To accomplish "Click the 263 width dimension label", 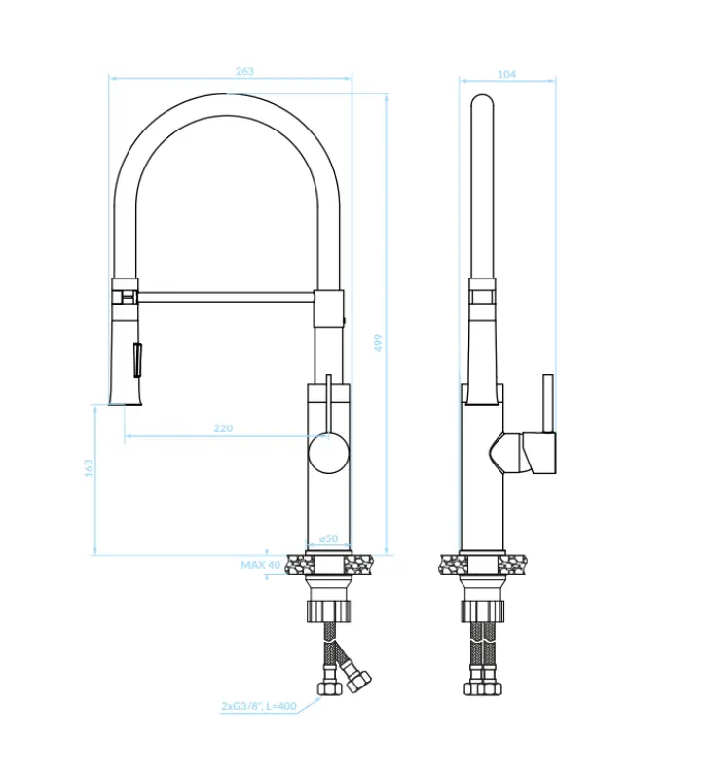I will click(244, 71).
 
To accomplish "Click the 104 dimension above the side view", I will click(506, 74).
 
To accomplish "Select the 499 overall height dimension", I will click(379, 342).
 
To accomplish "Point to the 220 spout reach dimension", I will click(223, 428).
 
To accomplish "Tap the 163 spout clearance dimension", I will click(89, 468).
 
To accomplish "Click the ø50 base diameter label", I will click(328, 538).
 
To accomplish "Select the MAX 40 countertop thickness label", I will click(260, 564).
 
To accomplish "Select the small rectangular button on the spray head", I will click(137, 357).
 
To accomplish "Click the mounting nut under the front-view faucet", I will click(328, 612).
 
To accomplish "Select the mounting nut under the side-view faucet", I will click(484, 612).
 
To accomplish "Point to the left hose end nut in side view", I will click(474, 687).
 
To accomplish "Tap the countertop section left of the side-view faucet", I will click(451, 563).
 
